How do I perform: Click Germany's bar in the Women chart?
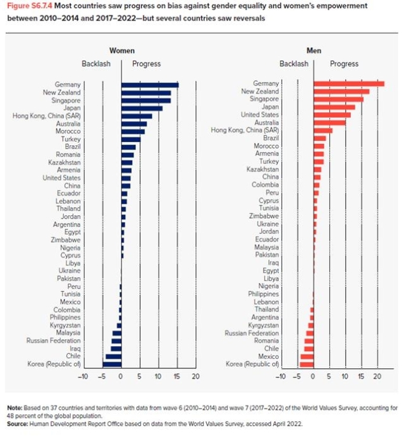point(150,85)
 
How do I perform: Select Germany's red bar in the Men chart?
point(348,84)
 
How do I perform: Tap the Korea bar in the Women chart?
point(111,364)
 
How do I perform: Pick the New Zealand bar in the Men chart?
point(341,91)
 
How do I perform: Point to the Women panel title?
point(122,50)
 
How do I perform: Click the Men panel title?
point(313,50)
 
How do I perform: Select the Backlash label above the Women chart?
point(96,64)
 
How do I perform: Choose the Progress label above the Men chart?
point(344,64)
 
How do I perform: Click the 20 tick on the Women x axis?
point(195,377)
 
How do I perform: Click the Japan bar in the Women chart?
point(141,108)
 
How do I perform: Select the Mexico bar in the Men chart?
point(306,356)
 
